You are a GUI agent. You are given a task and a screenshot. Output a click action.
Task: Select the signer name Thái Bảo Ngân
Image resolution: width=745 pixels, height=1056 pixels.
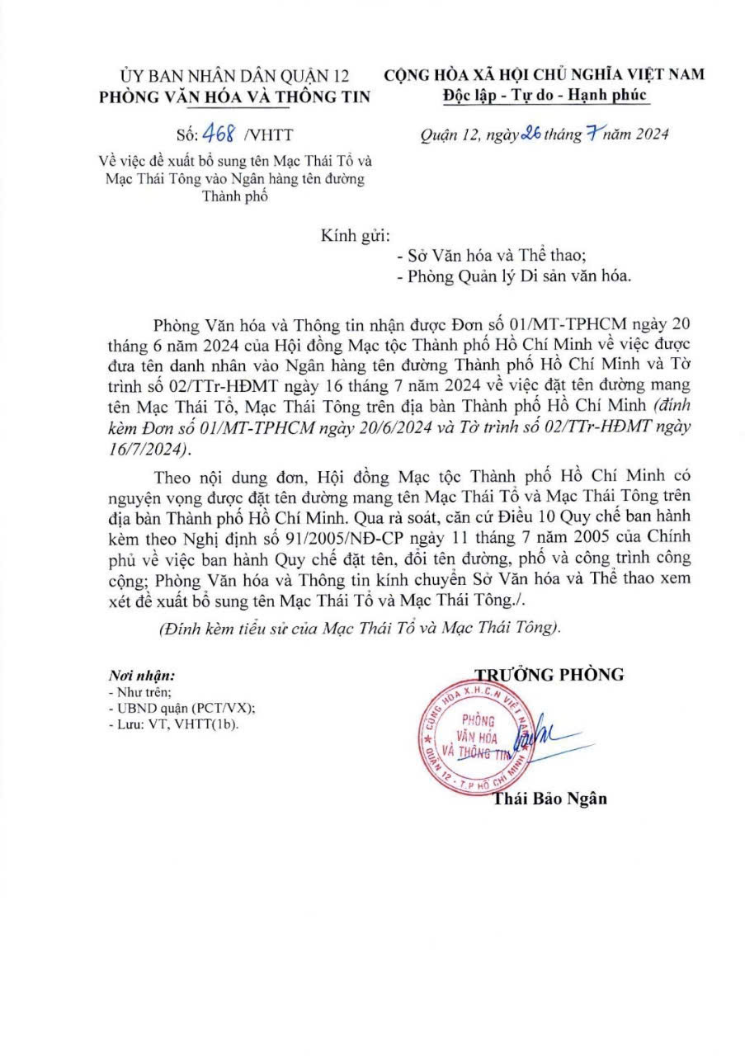coord(549,799)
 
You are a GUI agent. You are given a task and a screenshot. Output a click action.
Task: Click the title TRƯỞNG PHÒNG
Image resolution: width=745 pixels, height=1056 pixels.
coord(549,674)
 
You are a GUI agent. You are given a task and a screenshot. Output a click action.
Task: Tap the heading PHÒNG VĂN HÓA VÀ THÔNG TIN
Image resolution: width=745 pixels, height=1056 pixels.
coord(235,97)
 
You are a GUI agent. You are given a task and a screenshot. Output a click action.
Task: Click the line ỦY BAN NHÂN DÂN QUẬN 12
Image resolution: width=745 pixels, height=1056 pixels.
coord(235,76)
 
